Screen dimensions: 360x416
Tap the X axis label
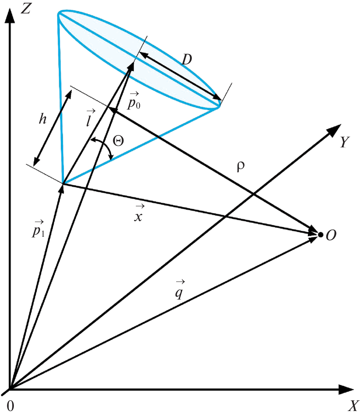tap(353, 405)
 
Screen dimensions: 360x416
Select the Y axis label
tap(345, 142)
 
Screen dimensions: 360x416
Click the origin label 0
tap(10, 406)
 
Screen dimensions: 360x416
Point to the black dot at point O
tap(320, 234)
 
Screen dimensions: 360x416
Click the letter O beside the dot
tap(331, 235)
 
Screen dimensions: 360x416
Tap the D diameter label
tap(187, 59)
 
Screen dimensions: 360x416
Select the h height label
tap(43, 119)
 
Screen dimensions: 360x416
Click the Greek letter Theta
tap(118, 140)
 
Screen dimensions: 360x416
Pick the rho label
tap(241, 167)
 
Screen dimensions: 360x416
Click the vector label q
tap(180, 290)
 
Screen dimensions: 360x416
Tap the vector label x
tap(138, 214)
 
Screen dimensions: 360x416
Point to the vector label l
tap(90, 117)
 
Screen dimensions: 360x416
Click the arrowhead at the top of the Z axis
tap(10, 16)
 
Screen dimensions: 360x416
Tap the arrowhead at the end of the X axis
tap(346, 389)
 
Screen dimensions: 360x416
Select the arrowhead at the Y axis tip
tap(334, 130)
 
